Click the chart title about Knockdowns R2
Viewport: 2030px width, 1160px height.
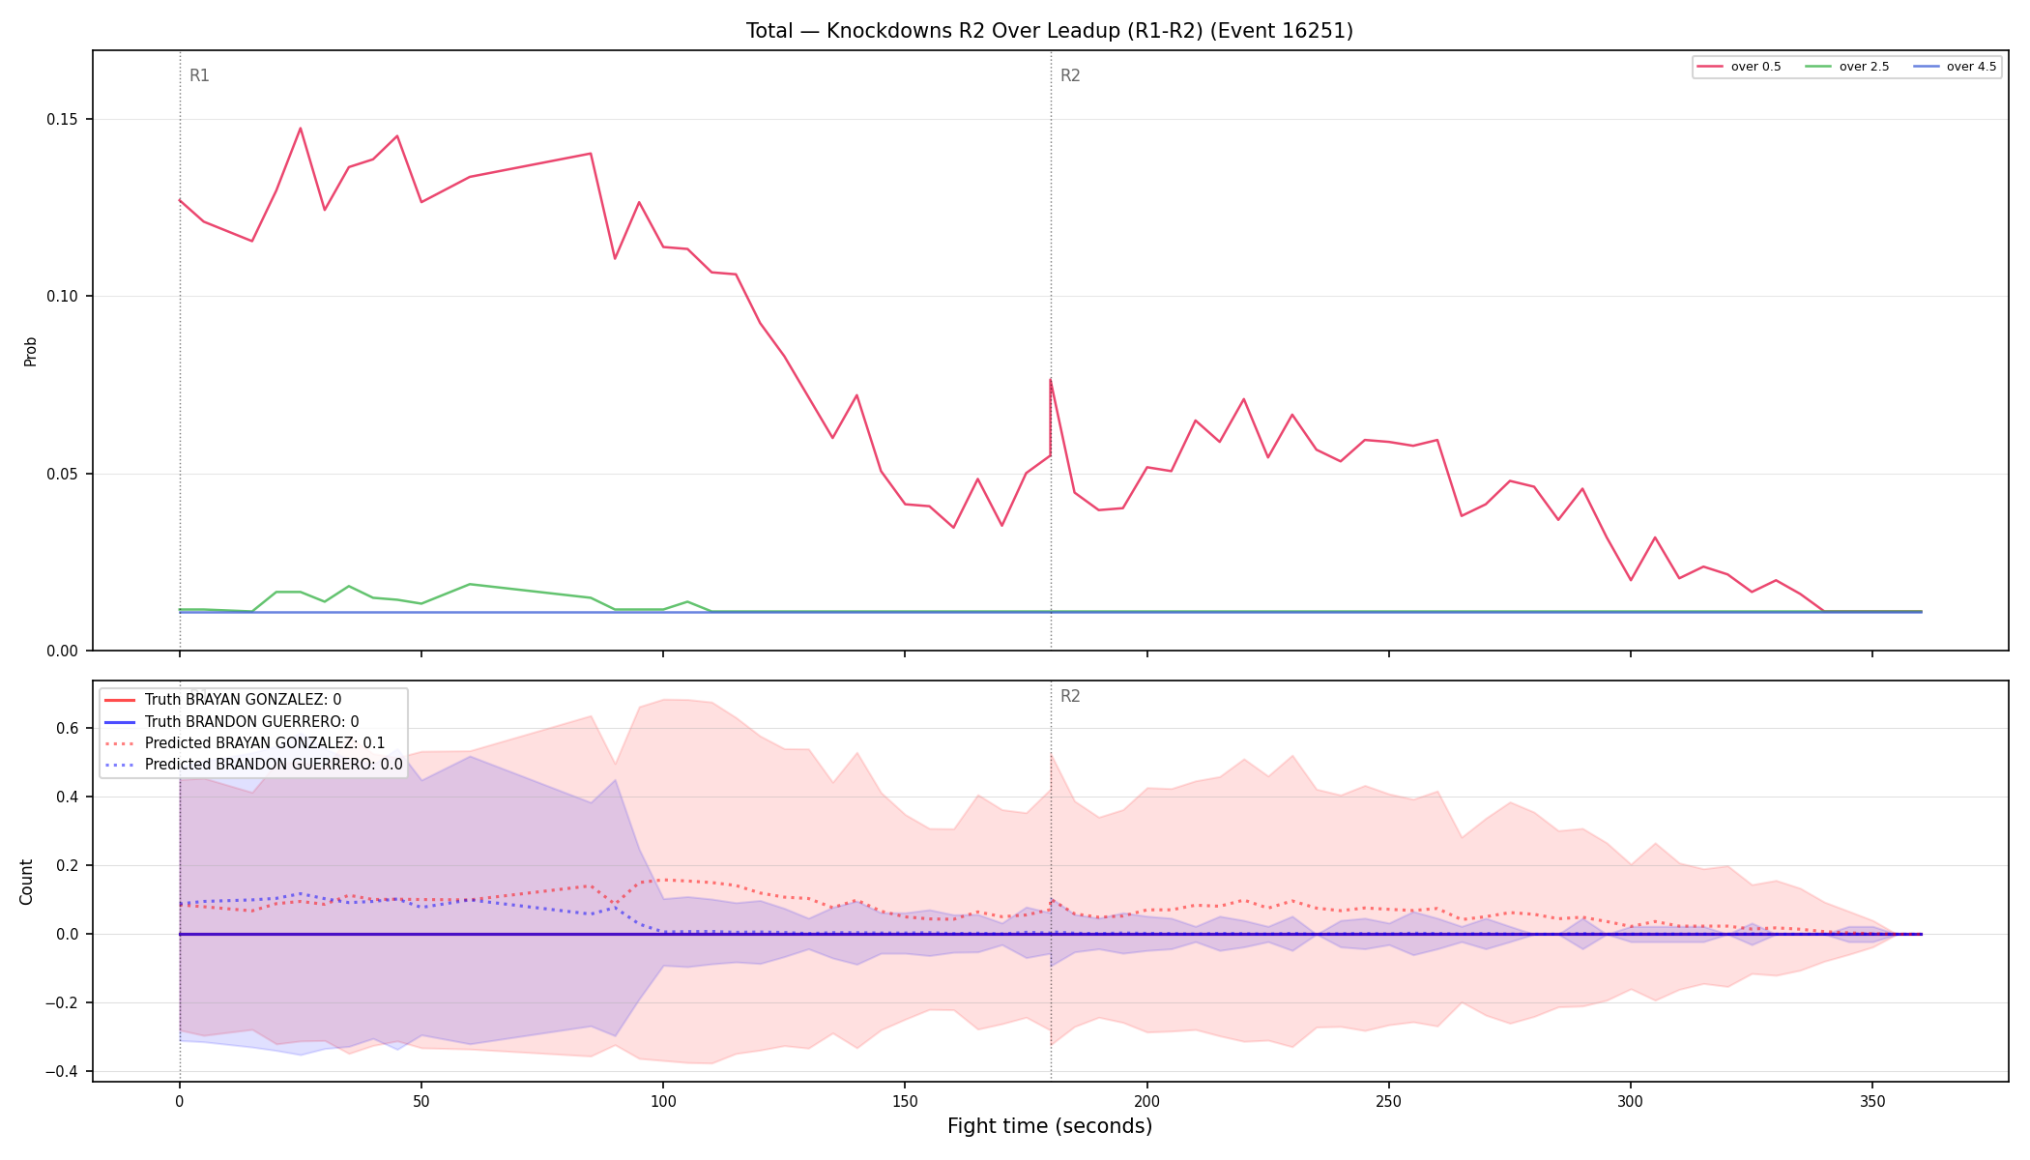tap(1049, 31)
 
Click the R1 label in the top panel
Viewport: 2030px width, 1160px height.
tap(199, 75)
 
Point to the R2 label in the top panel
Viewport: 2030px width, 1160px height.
tap(1070, 75)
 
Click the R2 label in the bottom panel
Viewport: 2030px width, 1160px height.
tap(1070, 696)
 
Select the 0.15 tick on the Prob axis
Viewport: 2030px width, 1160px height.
tap(63, 120)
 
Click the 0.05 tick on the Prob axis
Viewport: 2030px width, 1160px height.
tap(63, 474)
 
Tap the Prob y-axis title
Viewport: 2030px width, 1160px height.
tap(30, 351)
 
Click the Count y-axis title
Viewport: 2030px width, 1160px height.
tap(26, 882)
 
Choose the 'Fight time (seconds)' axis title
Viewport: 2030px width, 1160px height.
tap(1050, 1126)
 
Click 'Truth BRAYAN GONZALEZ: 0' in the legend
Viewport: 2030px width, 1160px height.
tap(243, 700)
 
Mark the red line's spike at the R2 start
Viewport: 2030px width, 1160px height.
tap(1050, 379)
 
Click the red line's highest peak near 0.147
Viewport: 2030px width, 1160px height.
tap(300, 128)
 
